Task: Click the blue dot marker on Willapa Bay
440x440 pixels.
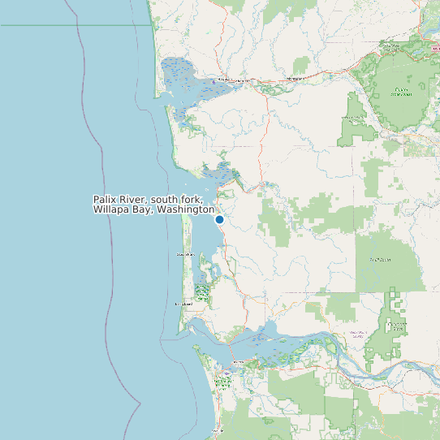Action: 219,219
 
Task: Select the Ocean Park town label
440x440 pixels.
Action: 185,255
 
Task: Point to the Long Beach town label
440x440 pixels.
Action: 183,304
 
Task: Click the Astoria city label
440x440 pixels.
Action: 238,362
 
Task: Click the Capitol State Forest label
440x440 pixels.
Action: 399,92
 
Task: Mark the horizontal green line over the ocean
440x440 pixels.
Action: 73,25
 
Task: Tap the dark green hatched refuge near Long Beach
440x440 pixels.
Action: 202,292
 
